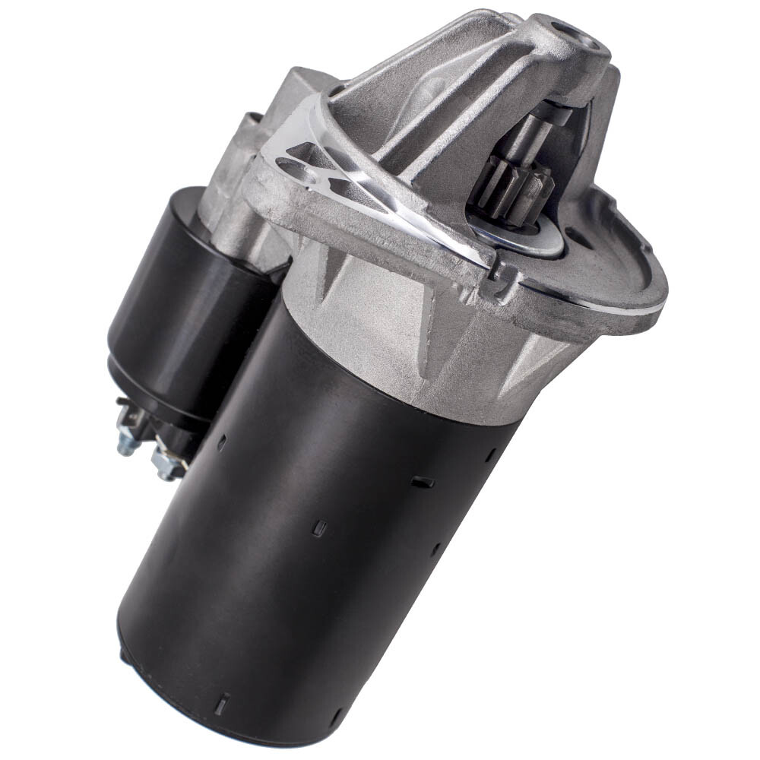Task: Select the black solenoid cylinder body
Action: click(182, 304)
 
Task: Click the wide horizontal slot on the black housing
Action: click(422, 482)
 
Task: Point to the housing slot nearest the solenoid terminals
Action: click(221, 445)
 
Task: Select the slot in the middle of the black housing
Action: click(320, 528)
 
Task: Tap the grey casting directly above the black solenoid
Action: click(228, 190)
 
